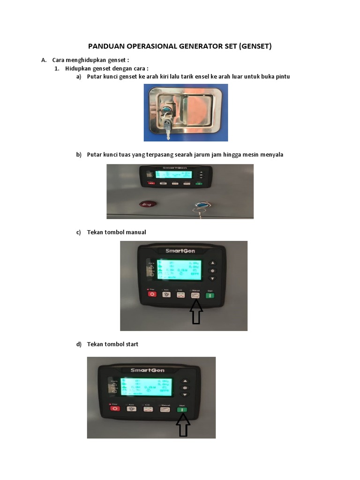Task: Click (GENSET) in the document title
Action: coord(255,46)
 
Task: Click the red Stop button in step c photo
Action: coord(152,294)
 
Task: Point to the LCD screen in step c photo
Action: coord(179,270)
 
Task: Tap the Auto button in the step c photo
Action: coord(166,294)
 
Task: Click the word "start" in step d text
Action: coord(131,344)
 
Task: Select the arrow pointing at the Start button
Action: coord(183,426)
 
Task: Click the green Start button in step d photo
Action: coord(182,409)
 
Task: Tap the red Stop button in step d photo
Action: coord(115,409)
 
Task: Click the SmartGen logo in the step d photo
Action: coord(147,370)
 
